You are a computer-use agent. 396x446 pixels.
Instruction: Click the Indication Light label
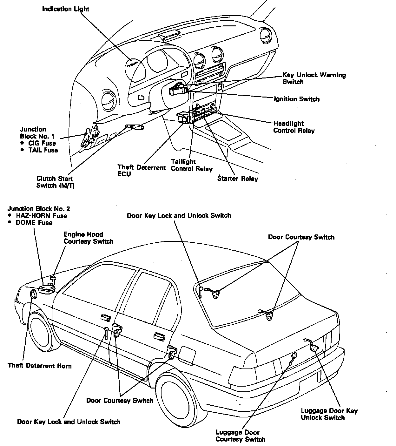point(66,9)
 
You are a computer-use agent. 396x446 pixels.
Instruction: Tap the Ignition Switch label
point(297,99)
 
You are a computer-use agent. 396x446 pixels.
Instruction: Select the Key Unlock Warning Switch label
point(314,78)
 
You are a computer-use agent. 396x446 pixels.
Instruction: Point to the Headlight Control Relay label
point(294,127)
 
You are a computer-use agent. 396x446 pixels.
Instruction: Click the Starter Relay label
point(237,179)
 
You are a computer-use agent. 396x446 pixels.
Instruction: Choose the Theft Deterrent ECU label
point(142,171)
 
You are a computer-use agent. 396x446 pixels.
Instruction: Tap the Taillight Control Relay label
point(191,165)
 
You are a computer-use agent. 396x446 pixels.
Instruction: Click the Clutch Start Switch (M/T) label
point(55,182)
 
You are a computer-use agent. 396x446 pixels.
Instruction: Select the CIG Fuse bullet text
point(42,143)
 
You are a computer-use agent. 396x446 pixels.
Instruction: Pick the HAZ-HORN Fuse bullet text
point(42,216)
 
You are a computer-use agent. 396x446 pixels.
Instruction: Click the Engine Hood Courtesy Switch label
point(88,238)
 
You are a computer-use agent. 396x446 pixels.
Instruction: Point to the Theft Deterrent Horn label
point(40,366)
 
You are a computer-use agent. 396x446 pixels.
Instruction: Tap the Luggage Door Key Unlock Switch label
point(329,414)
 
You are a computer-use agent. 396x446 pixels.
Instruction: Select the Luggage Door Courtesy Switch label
point(240,436)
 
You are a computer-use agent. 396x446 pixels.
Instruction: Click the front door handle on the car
point(104,317)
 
